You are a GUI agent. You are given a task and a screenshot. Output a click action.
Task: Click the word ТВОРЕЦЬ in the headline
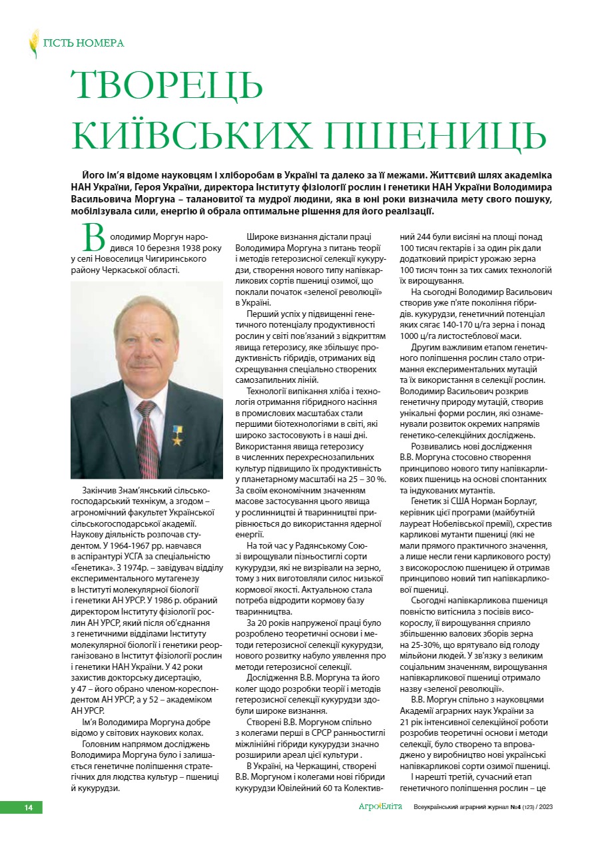pos(167,85)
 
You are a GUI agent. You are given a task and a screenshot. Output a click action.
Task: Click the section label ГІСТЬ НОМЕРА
pos(84,43)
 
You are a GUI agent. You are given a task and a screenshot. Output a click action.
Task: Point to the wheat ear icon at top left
pos(34,43)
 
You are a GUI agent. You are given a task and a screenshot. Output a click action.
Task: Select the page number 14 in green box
pos(29,808)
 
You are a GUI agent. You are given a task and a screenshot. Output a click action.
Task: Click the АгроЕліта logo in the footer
pos(380,807)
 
